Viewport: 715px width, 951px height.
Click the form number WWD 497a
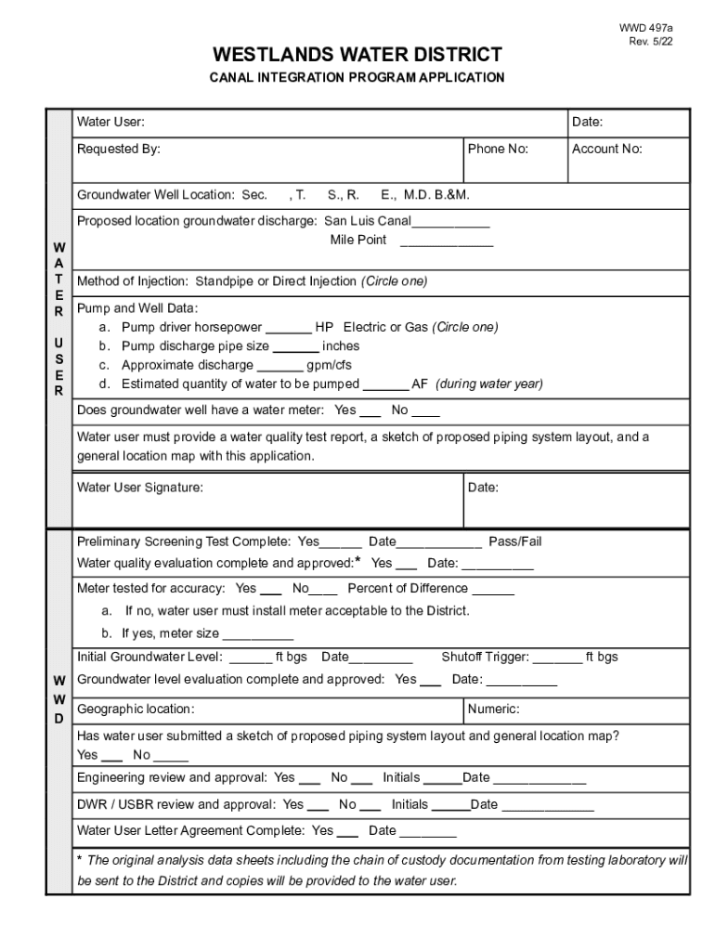pos(646,28)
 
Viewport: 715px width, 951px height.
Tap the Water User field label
pos(110,122)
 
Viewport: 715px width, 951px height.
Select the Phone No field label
pos(498,149)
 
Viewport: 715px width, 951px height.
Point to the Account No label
pos(606,149)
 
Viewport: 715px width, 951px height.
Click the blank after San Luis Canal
pos(450,221)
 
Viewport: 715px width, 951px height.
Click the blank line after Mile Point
pos(447,241)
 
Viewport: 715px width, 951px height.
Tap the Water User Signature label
pos(139,487)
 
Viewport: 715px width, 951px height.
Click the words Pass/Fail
pos(515,541)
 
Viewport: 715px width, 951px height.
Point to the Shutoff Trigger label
pos(485,658)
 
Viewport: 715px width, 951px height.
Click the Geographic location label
pos(136,710)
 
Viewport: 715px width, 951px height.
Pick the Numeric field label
pos(493,710)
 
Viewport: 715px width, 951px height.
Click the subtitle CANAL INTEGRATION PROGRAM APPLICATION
pos(357,78)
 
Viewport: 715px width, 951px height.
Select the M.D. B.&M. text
pos(436,195)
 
